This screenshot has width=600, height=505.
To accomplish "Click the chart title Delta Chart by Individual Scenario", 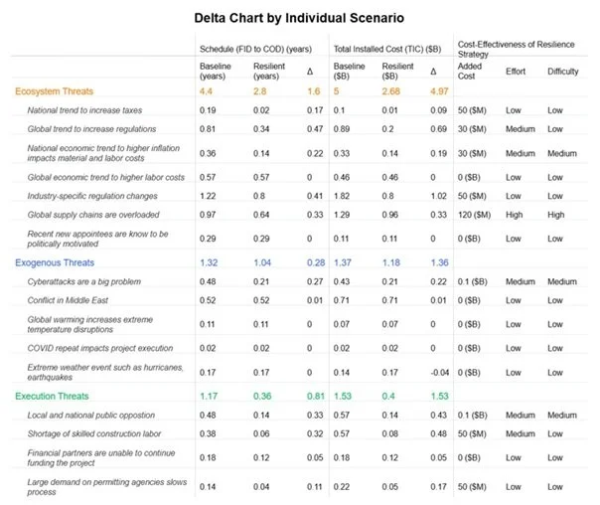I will pos(300,18).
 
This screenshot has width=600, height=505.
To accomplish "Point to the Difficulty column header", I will pos(562,72).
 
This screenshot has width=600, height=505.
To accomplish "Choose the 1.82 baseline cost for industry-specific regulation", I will pos(342,196).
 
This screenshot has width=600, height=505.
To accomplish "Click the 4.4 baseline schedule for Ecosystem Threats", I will pos(207,90).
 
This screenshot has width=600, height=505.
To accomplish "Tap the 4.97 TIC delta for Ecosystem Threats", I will pos(439,90).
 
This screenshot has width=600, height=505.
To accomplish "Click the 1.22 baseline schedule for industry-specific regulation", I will pos(208,196).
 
